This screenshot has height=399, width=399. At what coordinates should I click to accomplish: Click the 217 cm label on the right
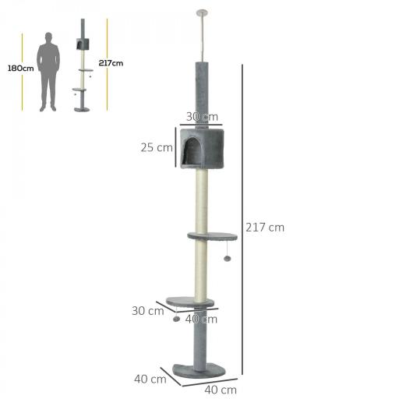pos(265,228)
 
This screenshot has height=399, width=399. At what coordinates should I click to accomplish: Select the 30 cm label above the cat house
pos(202,117)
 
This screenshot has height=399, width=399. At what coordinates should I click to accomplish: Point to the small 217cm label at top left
pos(111,63)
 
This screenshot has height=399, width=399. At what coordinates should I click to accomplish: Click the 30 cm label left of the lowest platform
pos(147,309)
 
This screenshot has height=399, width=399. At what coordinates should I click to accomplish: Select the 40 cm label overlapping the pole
pos(202,319)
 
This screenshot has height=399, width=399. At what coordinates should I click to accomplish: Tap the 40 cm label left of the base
pos(150,380)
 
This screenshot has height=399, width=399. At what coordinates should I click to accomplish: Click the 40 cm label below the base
pos(220,390)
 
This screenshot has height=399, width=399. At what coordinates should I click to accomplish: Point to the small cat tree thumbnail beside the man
pos(83,70)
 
